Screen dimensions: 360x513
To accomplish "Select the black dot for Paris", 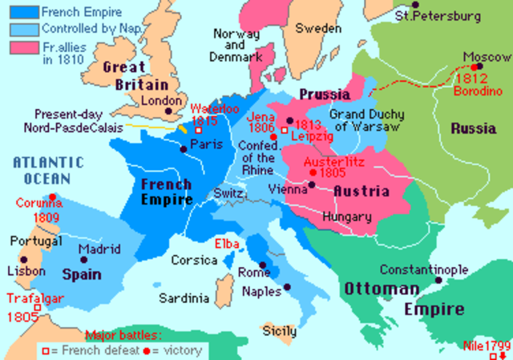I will click(184, 144).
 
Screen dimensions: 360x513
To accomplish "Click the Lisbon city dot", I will click(25, 260).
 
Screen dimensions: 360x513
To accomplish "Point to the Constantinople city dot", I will click(438, 281).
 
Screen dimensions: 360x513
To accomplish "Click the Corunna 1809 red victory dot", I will click(52, 196).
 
